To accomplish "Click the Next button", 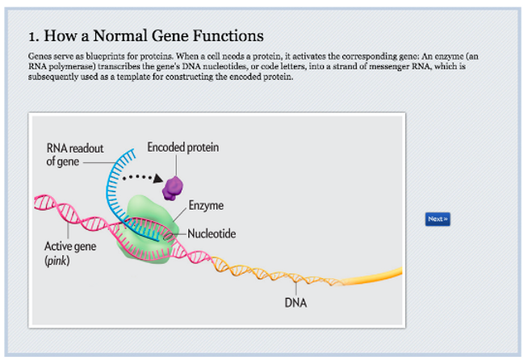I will (x=437, y=219).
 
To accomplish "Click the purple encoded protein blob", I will (x=171, y=187).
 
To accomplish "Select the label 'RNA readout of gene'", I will (x=70, y=153).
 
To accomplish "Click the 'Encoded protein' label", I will (x=182, y=147).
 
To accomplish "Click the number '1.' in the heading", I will (x=33, y=36).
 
